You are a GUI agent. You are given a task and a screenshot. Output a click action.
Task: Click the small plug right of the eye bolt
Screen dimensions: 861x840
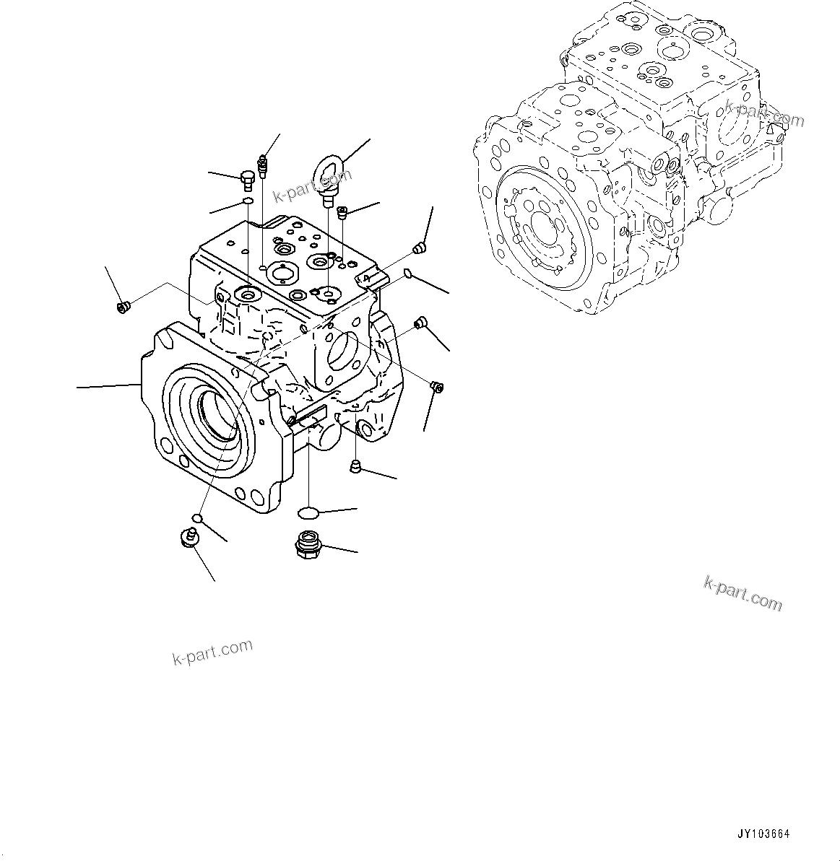pyautogui.click(x=343, y=211)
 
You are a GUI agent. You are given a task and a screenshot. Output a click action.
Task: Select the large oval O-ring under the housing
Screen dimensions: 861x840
pyautogui.click(x=308, y=512)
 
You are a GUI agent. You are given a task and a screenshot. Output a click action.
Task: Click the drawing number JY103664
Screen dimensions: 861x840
pyautogui.click(x=763, y=834)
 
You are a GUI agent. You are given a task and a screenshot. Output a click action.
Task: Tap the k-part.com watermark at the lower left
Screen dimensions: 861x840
pyautogui.click(x=212, y=652)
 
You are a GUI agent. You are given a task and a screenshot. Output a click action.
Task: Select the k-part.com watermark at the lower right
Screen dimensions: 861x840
pyautogui.click(x=743, y=593)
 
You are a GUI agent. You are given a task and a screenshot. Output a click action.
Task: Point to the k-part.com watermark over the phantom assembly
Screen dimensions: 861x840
pyautogui.click(x=764, y=114)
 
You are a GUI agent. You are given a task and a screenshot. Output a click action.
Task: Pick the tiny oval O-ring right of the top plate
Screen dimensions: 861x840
pyautogui.click(x=408, y=274)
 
